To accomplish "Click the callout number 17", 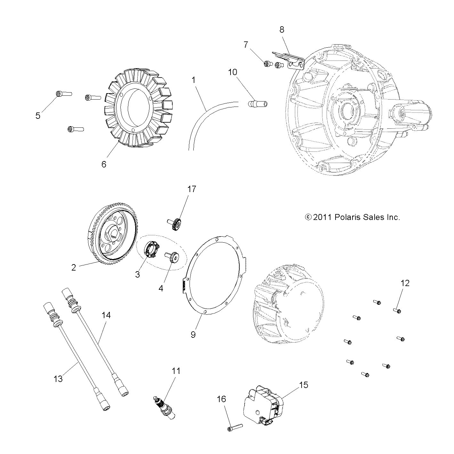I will tap(191, 189).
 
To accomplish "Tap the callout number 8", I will tap(281, 30).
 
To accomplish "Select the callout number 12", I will tap(405, 283).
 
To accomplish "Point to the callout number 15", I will tap(304, 385).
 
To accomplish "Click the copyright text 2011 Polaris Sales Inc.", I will tap(353, 217).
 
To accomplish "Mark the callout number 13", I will tap(58, 379).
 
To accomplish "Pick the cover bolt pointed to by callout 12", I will tap(397, 310).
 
